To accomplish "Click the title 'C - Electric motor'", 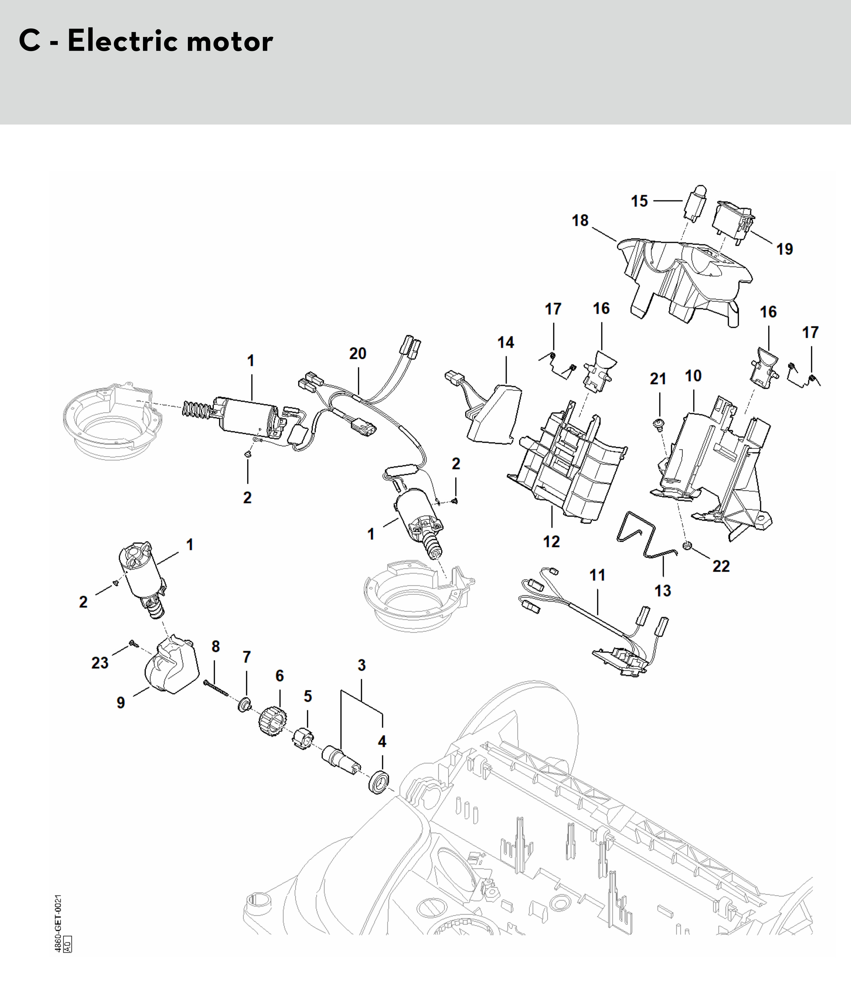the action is [x=146, y=41].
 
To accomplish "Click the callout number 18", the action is [x=580, y=221].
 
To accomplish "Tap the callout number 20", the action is [x=358, y=353].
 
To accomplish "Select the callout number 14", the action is [x=506, y=343].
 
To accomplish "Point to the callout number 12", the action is [x=552, y=541].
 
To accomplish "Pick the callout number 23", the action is [x=100, y=663].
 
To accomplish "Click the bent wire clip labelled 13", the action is [x=646, y=534].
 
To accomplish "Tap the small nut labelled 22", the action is [x=686, y=545].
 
